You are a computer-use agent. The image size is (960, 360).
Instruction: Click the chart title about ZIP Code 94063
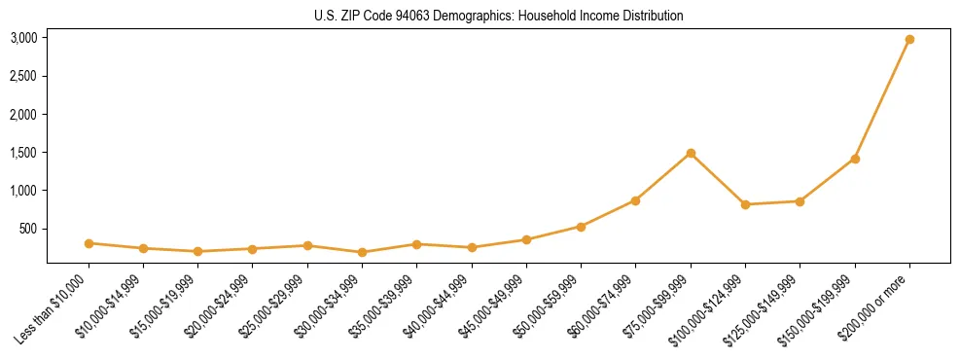pyautogui.click(x=499, y=16)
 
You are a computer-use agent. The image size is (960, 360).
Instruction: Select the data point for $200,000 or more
pyautogui.click(x=909, y=39)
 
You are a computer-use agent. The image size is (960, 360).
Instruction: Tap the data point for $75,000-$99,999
pyautogui.click(x=691, y=153)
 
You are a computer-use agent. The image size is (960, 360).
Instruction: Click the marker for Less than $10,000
pyautogui.click(x=89, y=243)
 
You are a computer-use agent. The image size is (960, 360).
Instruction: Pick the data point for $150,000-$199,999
pyautogui.click(x=855, y=159)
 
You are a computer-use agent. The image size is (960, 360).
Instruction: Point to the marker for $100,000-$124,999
pyautogui.click(x=745, y=204)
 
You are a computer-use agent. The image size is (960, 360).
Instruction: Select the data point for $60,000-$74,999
pyautogui.click(x=635, y=200)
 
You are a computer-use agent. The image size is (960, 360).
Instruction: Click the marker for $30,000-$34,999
pyautogui.click(x=362, y=252)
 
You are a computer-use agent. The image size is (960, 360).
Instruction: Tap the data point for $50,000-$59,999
pyautogui.click(x=581, y=227)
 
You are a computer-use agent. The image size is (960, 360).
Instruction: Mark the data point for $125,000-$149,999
pyautogui.click(x=800, y=201)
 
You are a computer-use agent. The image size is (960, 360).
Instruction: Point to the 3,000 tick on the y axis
pyautogui.click(x=23, y=38)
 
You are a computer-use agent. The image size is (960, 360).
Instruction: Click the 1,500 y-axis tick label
pyautogui.click(x=23, y=153)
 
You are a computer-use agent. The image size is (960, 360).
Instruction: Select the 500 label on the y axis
pyautogui.click(x=29, y=229)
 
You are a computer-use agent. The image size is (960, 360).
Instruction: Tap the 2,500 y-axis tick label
pyautogui.click(x=23, y=76)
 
